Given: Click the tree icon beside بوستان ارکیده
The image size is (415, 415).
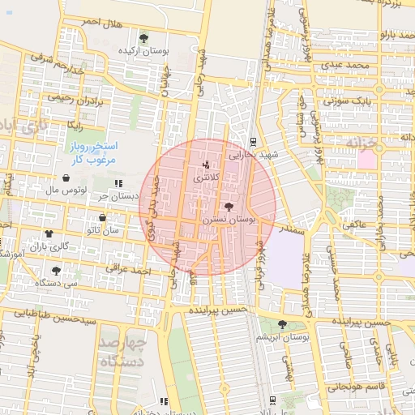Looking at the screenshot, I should tap(143, 37).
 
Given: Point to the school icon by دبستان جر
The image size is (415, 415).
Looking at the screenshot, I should tap(119, 184).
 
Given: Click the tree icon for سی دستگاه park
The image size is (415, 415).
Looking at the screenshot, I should tap(55, 271).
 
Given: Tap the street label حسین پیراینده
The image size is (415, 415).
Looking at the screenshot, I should tap(218, 309).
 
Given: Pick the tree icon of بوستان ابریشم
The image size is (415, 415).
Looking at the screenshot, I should tap(282, 323).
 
